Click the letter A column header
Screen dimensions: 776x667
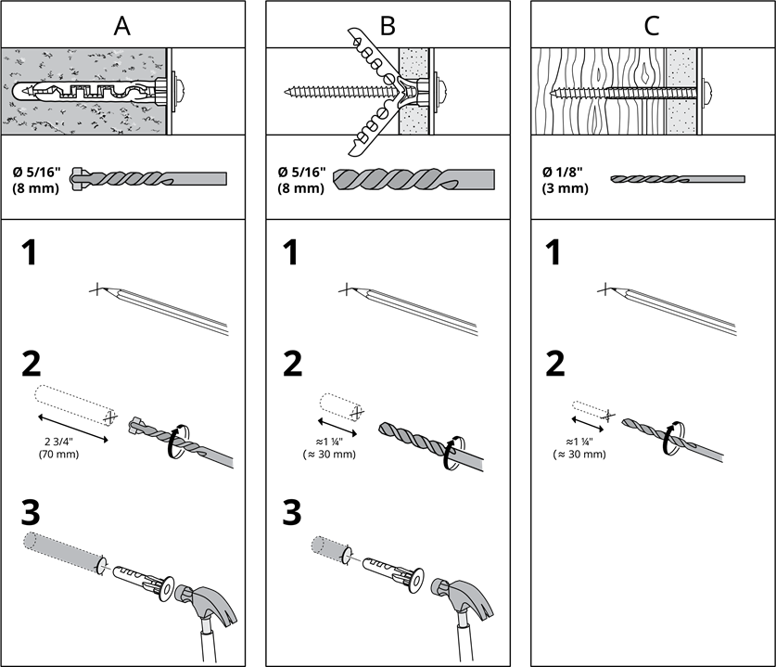coord(122,26)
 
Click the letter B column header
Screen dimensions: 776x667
coord(388,26)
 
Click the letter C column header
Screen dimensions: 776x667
coord(652,26)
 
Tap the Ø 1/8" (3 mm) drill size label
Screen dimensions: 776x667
coord(566,180)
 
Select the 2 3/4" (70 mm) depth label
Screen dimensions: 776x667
coord(59,448)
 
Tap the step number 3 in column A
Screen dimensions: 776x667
coord(31,512)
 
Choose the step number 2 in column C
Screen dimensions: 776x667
coord(554,364)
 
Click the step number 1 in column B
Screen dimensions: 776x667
coord(290,252)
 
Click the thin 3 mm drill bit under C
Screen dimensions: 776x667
coord(677,179)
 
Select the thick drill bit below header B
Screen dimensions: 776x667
coord(413,180)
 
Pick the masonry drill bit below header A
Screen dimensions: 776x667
coord(148,178)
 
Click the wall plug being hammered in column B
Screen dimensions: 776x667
coord(393,574)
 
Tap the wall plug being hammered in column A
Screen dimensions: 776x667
coord(144,583)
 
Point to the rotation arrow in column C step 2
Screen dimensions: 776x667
coord(671,438)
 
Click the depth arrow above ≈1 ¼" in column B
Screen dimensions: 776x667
coord(337,428)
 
